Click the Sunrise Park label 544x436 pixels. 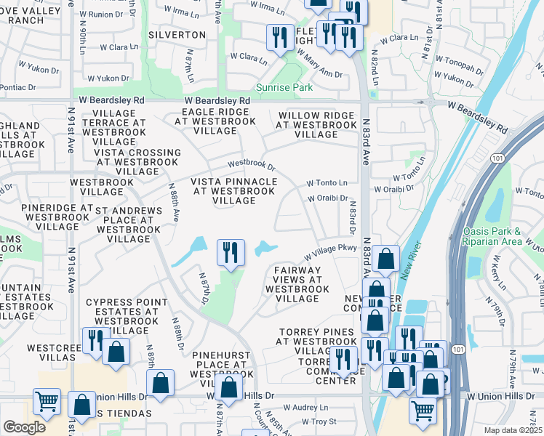[x=284, y=88]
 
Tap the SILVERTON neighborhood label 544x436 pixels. [x=177, y=35]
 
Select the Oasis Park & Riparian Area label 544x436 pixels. [x=503, y=236]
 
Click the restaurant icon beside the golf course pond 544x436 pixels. [x=231, y=253]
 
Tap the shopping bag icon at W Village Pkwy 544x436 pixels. [x=388, y=258]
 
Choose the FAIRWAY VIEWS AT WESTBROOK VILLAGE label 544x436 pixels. [x=297, y=284]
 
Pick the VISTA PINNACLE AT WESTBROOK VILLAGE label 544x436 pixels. [x=234, y=191]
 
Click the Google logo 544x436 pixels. [x=24, y=427]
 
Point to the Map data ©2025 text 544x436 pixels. [x=512, y=429]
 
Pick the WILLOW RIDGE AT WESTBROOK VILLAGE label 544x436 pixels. [x=316, y=125]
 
